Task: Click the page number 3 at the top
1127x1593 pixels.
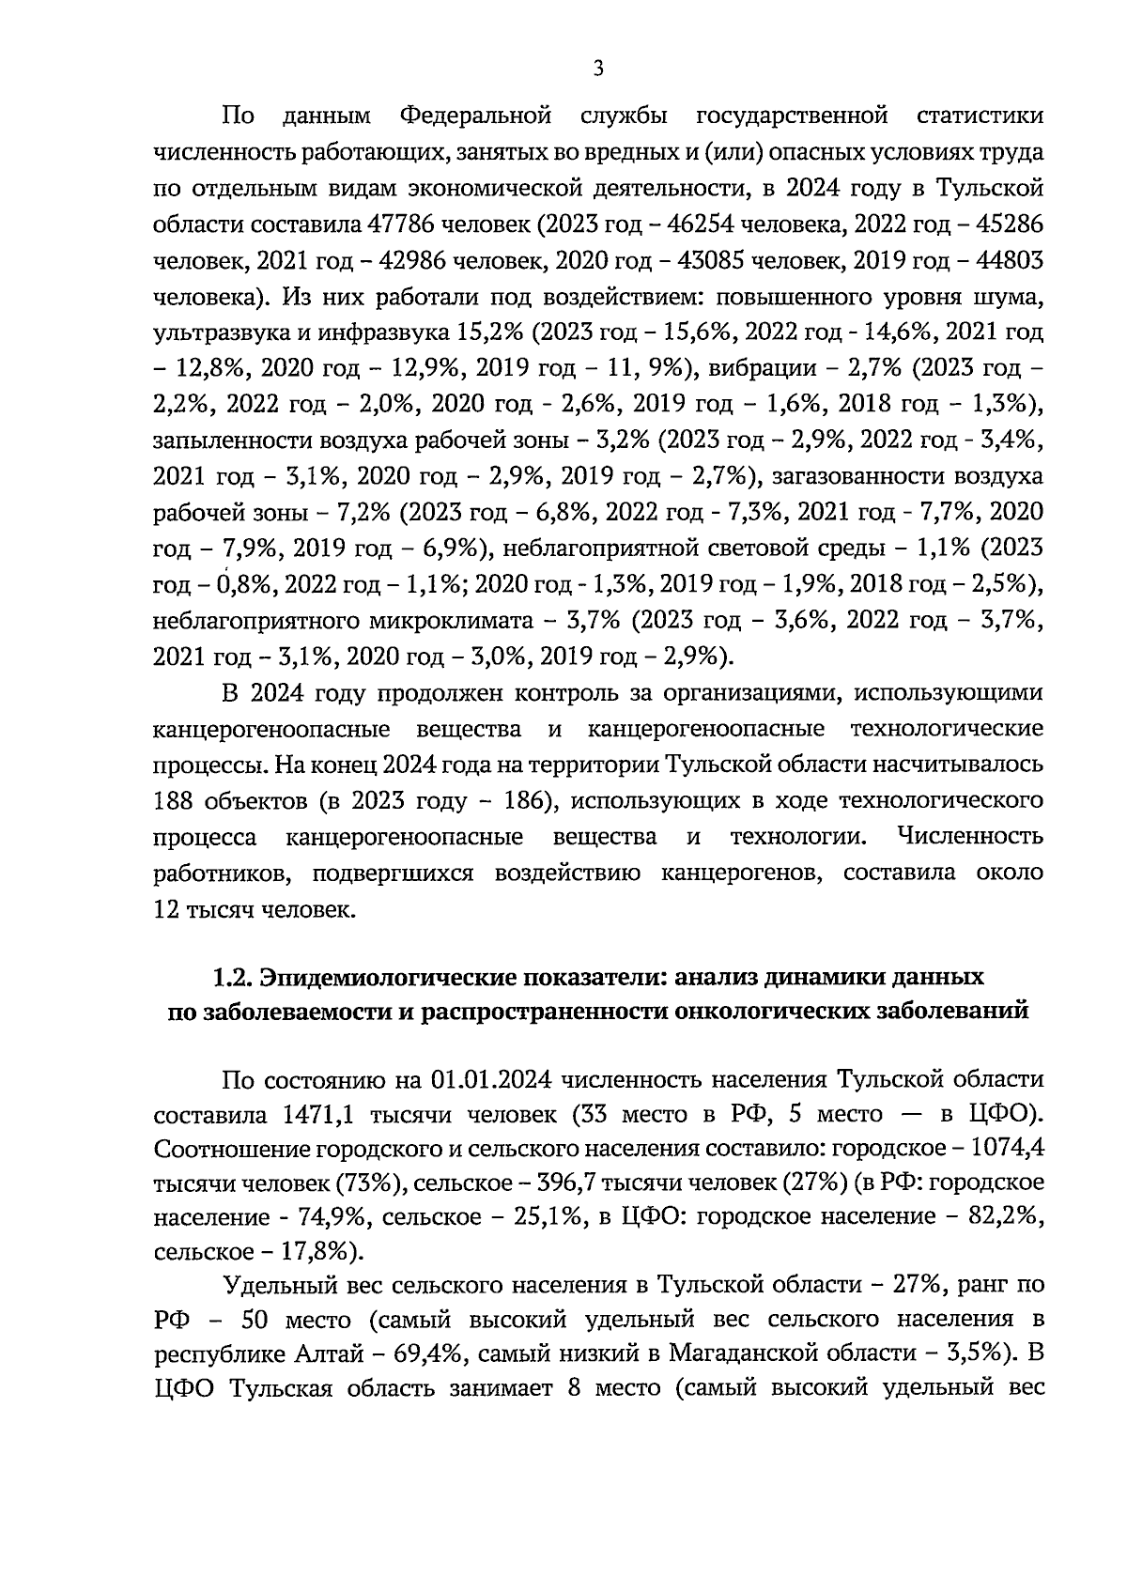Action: pyautogui.click(x=597, y=69)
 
